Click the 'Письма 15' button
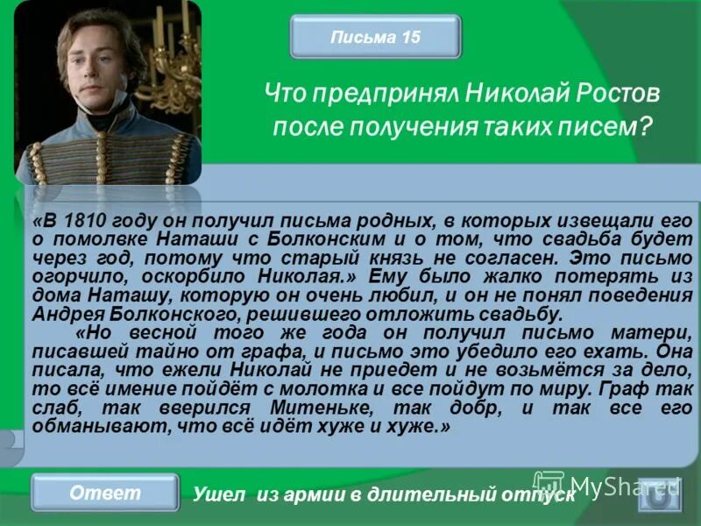(376, 37)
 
